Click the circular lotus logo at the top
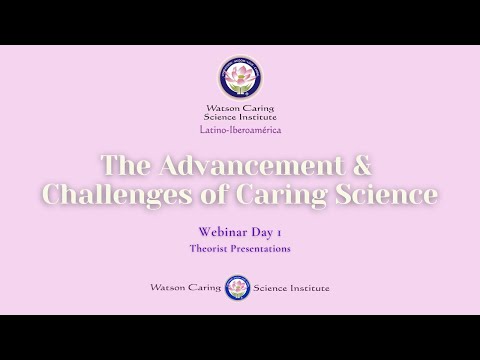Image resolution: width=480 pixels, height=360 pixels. pyautogui.click(x=239, y=77)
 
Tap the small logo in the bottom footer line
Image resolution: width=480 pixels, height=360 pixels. pyautogui.click(x=238, y=287)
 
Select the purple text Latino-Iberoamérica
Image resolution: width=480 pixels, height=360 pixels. pyautogui.click(x=240, y=131)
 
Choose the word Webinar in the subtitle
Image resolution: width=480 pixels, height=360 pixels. pyautogui.click(x=214, y=231)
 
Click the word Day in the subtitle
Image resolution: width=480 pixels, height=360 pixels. pyautogui.click(x=257, y=231)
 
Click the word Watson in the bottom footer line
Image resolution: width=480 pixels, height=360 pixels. pyautogui.click(x=167, y=288)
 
